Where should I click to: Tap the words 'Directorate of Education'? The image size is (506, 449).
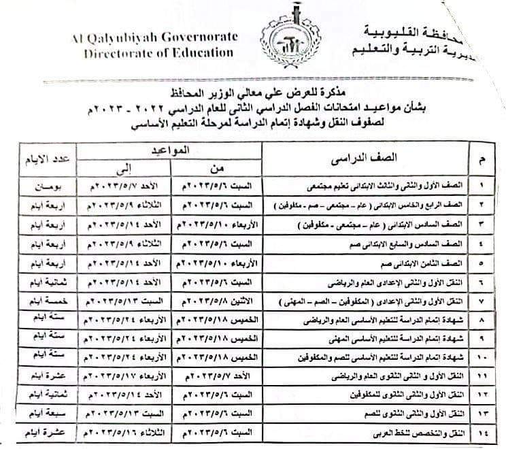pyautogui.click(x=158, y=52)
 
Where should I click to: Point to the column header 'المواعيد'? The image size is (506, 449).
pyautogui.click(x=170, y=148)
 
